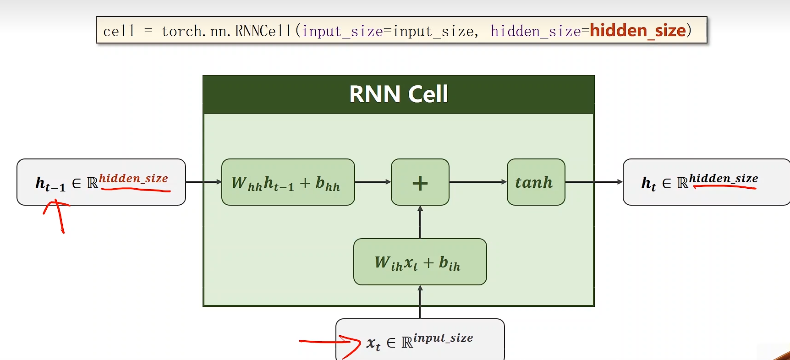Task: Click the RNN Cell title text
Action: coord(398,94)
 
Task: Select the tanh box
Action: coord(536,182)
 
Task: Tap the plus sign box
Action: coord(420,182)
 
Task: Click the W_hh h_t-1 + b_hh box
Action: coord(288,182)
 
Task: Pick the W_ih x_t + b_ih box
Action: coord(420,262)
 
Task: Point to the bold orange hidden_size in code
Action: coord(637,31)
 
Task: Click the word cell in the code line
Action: coord(119,31)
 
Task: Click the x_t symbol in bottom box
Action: coord(373,344)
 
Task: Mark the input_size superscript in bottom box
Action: coord(443,338)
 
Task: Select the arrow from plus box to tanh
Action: coord(477,182)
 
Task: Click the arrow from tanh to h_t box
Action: coord(594,182)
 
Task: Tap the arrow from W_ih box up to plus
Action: coord(420,222)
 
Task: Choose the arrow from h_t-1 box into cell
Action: coord(203,182)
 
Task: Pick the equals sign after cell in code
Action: coord(148,31)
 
